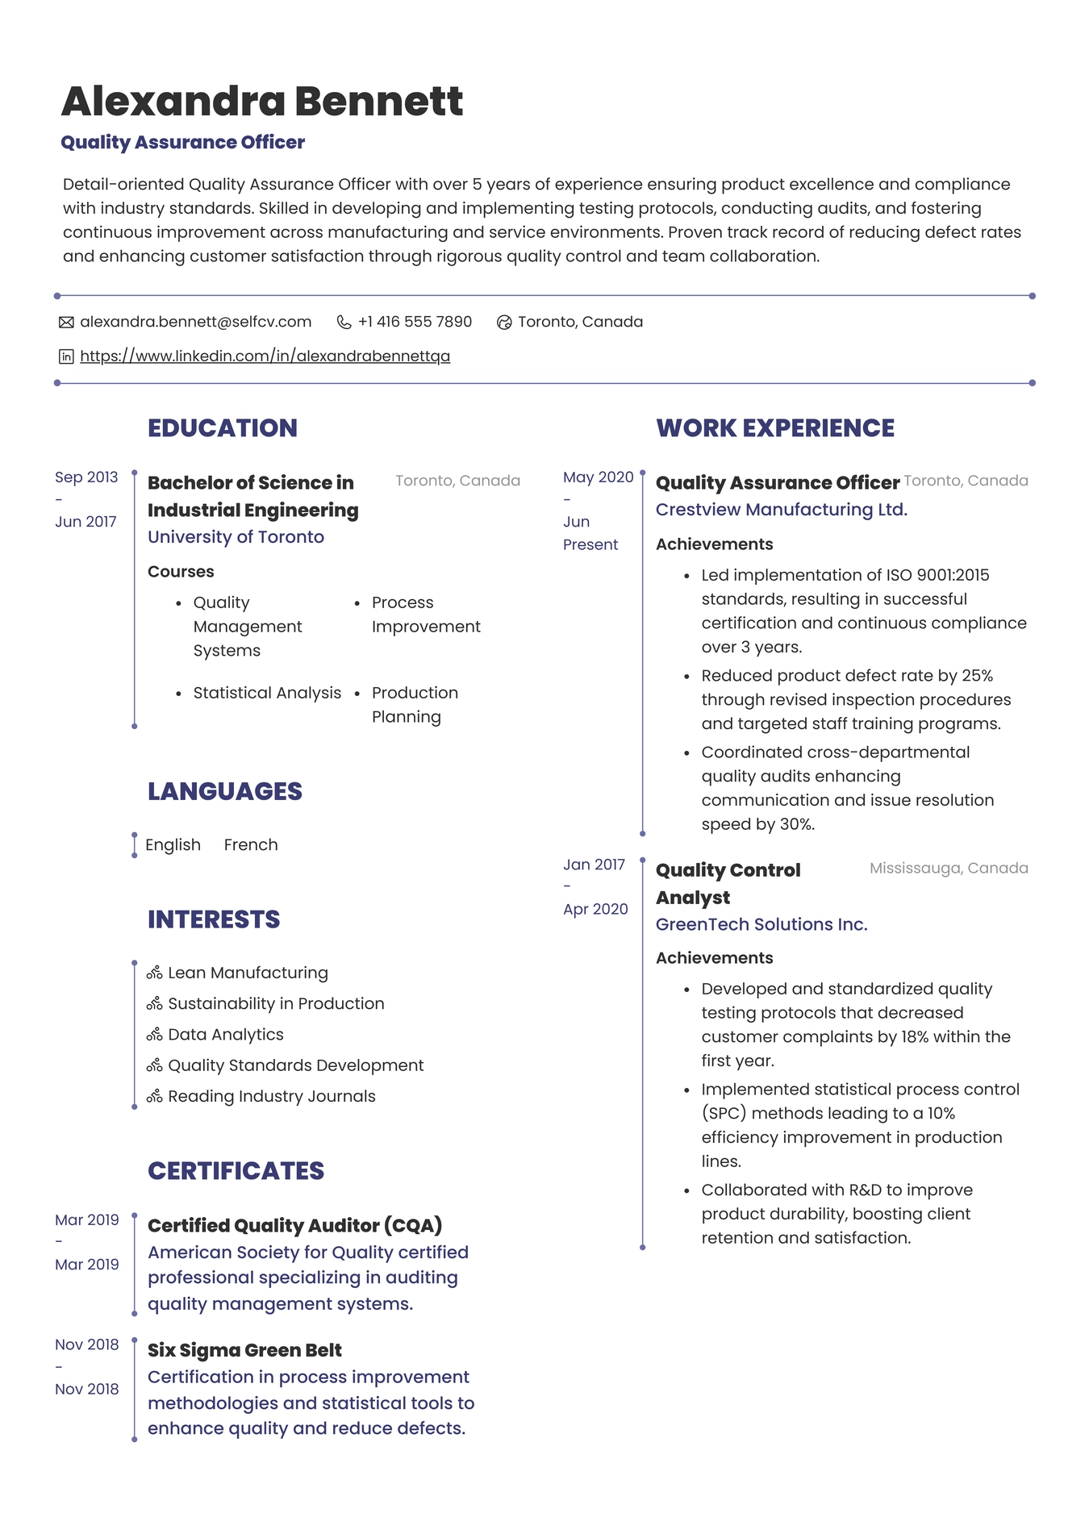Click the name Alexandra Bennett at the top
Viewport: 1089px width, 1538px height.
262,102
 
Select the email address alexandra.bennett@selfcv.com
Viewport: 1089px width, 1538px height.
195,322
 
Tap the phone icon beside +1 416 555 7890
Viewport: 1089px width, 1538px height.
344,323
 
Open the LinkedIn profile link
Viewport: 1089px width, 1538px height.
265,356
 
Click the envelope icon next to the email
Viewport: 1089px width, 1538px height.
66,323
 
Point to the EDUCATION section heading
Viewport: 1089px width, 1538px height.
222,427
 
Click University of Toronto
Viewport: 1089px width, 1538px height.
236,537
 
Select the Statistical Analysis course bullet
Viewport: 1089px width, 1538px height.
267,693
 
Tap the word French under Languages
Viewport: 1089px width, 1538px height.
251,844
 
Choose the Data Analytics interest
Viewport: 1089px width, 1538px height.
226,1035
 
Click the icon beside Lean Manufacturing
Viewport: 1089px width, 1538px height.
155,973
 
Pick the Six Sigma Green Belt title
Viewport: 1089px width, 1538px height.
244,1350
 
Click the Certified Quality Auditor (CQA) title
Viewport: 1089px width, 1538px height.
294,1225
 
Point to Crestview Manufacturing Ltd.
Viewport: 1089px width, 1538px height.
781,510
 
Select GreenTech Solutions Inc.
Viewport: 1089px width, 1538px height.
761,924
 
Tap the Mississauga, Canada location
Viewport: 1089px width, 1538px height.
948,868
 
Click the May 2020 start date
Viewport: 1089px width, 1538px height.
598,477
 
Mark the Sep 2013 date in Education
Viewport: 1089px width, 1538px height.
86,477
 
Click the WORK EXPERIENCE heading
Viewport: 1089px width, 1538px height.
774,427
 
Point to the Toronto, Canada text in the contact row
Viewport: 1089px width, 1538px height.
580,322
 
